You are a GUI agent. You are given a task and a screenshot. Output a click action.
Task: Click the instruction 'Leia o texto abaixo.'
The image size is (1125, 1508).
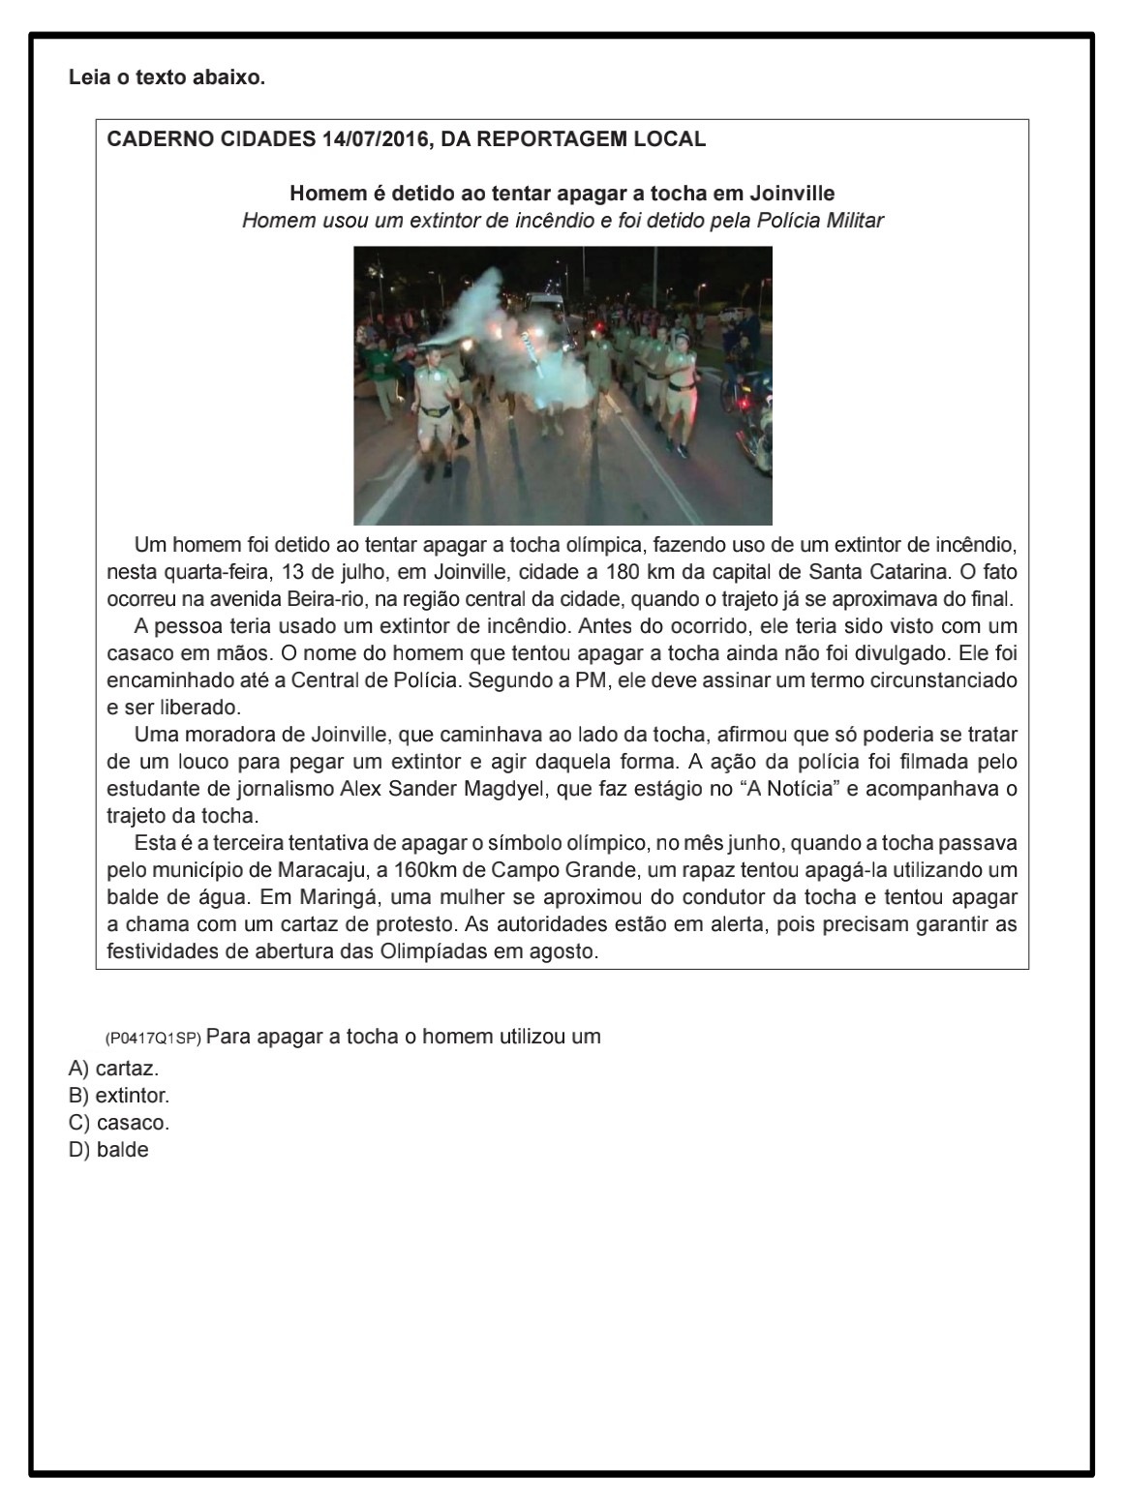coord(167,77)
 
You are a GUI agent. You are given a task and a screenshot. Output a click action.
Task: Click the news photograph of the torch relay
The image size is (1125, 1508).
coord(562,385)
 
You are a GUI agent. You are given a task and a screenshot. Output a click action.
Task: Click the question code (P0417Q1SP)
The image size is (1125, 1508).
coord(153,1039)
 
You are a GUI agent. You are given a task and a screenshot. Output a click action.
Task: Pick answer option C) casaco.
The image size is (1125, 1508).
coord(119,1124)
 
